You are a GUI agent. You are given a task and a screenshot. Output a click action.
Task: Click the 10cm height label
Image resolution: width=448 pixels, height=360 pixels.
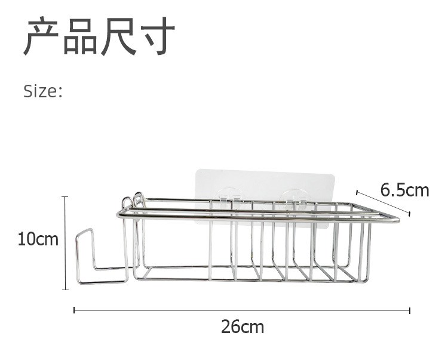tap(38, 240)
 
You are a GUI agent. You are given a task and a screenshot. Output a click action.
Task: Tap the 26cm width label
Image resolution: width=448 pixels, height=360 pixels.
tap(242, 327)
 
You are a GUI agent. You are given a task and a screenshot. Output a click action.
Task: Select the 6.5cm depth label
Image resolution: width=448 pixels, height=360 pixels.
tap(405, 190)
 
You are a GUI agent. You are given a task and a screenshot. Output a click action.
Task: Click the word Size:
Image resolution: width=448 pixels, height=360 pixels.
tap(42, 91)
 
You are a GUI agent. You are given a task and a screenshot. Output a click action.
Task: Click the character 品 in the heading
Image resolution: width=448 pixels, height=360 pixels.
tap(81, 37)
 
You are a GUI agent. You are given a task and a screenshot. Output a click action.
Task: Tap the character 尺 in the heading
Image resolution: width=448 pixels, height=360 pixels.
tap(119, 37)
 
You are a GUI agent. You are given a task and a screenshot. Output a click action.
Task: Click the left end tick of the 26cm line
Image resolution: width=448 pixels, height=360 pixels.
tap(74, 310)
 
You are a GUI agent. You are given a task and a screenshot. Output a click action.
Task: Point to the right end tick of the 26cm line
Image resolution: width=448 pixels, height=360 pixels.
tap(410, 310)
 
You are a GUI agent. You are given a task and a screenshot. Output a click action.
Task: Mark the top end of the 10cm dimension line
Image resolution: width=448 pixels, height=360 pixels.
tap(65, 197)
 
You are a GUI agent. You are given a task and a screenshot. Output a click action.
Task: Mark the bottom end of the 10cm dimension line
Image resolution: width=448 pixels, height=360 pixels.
tap(65, 290)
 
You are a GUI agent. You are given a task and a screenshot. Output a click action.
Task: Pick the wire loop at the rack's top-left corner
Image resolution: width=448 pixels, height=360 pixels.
tap(139, 199)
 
